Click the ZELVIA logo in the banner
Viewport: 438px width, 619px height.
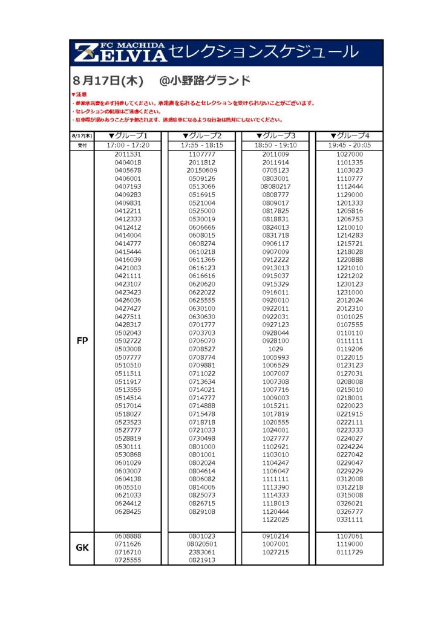tap(120, 53)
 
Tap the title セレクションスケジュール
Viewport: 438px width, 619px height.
tap(264, 53)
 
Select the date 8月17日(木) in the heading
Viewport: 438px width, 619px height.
tap(107, 81)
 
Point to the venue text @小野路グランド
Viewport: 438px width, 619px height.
tap(204, 81)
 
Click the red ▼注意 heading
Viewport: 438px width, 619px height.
tap(79, 95)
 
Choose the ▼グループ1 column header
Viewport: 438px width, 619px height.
tap(128, 136)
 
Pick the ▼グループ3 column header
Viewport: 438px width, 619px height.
tap(275, 136)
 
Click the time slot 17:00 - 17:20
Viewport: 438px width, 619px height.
tap(128, 146)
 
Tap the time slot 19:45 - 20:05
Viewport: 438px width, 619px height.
tap(350, 146)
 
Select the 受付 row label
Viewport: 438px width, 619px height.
tap(82, 146)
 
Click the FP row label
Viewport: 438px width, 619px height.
tap(82, 341)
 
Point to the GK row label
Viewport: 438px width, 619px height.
tap(82, 548)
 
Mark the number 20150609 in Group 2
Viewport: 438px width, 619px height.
tap(201, 170)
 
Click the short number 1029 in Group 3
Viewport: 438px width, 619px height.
tap(275, 349)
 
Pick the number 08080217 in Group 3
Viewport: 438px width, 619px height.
tap(275, 187)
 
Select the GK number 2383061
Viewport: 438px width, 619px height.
tap(201, 552)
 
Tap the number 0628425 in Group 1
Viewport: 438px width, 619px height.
tap(128, 511)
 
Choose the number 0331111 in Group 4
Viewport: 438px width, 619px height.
tap(350, 519)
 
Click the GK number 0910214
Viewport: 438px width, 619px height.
tap(275, 536)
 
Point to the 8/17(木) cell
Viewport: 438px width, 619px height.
tap(82, 136)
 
